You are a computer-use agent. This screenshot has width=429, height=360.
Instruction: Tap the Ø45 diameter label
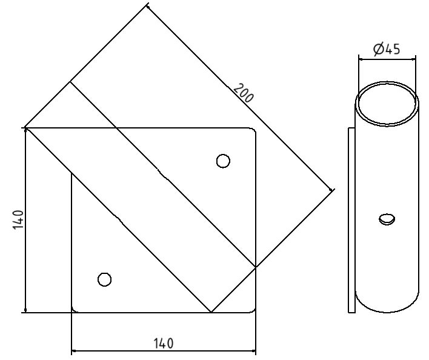point(387,49)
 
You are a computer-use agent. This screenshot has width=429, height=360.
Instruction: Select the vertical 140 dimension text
point(18,219)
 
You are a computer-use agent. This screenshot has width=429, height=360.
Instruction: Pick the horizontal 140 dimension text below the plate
point(163,344)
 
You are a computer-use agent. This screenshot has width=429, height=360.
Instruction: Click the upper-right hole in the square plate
point(223,161)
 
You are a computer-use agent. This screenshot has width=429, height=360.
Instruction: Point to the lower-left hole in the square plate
point(104,279)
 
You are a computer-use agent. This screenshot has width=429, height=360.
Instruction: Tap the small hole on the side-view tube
point(386,219)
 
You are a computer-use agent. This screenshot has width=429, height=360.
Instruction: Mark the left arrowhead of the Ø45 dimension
point(361,59)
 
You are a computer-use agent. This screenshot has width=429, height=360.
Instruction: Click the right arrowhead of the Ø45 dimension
point(414,59)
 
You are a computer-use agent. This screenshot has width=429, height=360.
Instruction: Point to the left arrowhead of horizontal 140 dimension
point(75,351)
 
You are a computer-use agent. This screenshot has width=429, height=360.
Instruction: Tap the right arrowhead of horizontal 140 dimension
point(253,351)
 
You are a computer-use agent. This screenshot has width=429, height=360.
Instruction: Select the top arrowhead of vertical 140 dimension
point(25,132)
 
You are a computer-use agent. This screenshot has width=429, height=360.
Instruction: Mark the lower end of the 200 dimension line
point(333,191)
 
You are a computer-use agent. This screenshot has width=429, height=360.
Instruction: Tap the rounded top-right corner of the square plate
point(253,131)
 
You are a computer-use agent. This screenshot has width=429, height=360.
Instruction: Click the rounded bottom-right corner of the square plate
point(253,310)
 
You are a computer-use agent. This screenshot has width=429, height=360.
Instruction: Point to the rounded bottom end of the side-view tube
point(387,307)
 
